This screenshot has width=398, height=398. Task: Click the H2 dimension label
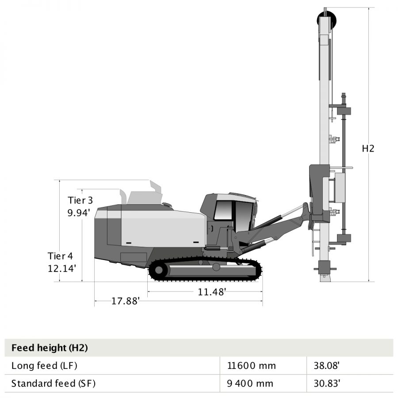click(368, 149)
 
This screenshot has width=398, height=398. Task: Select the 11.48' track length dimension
click(212, 291)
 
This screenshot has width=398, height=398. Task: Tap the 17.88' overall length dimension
click(125, 301)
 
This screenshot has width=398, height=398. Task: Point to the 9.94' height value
click(79, 212)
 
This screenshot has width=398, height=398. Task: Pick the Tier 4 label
click(61, 256)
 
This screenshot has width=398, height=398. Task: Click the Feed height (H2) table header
click(50, 348)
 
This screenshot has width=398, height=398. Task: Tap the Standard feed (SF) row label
click(53, 383)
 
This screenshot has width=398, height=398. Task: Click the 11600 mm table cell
click(251, 366)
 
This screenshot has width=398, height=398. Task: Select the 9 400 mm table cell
click(250, 383)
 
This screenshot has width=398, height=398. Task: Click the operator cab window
click(223, 210)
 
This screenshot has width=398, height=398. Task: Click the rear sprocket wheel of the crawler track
click(159, 270)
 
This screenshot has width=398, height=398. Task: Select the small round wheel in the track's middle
click(216, 267)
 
